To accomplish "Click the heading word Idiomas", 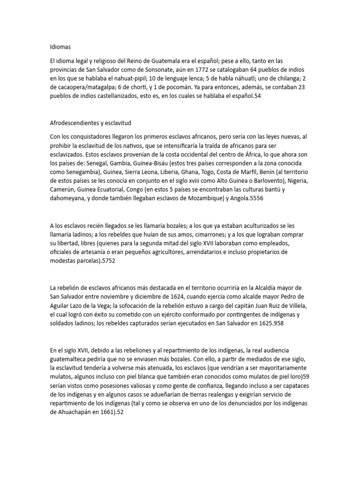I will (60, 47).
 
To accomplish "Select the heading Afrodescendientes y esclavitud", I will (90, 123).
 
